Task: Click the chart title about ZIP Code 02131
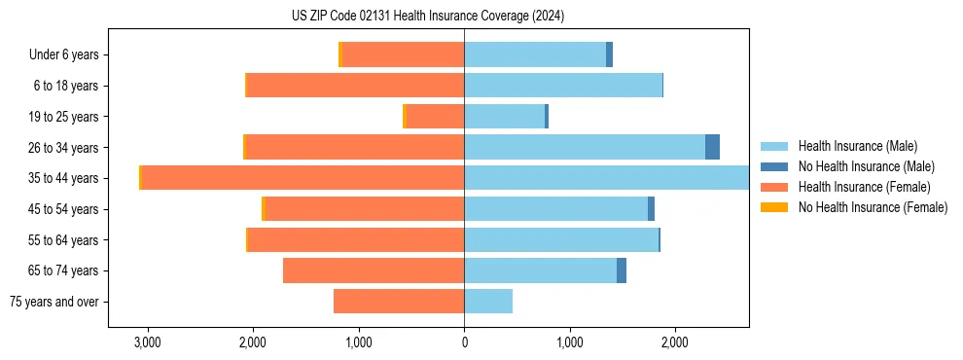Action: tap(427, 17)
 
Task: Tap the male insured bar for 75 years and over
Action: tap(488, 302)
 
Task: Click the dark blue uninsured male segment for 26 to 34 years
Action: tap(712, 147)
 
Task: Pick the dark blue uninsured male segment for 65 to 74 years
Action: tap(622, 270)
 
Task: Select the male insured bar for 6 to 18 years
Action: tap(563, 86)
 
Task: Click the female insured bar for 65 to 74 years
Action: tap(374, 270)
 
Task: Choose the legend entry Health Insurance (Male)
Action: tap(857, 146)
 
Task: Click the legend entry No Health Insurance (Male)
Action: tap(866, 166)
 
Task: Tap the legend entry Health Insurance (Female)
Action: tap(864, 187)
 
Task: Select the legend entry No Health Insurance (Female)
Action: tap(873, 207)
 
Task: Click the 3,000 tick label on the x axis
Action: tap(148, 342)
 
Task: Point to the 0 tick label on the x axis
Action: tap(464, 342)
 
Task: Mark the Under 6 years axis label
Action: tap(63, 55)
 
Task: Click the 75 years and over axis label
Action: tap(54, 302)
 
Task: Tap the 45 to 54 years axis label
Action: tap(64, 209)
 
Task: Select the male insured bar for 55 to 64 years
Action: tap(561, 239)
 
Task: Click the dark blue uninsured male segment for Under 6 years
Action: tap(609, 54)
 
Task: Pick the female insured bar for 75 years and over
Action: tap(399, 302)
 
